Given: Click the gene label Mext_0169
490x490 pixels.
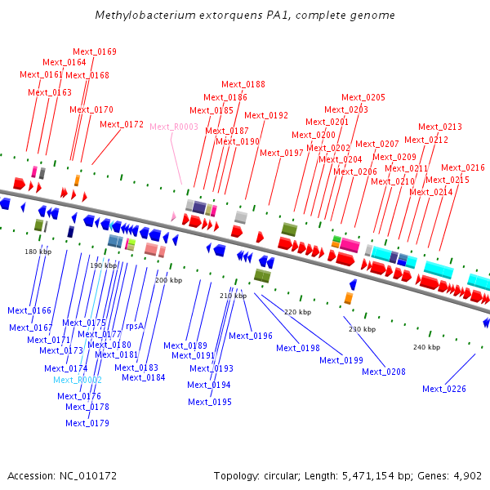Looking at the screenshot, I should click(x=95, y=51).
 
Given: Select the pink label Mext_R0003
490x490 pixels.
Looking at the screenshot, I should click(x=174, y=127).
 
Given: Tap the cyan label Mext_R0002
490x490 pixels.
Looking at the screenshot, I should click(x=78, y=380).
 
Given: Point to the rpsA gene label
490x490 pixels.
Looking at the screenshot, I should click(x=134, y=326).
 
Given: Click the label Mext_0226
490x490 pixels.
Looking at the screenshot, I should click(x=444, y=389).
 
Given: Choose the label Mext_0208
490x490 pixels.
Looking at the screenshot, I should click(x=384, y=372).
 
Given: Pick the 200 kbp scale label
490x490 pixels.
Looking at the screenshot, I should click(x=168, y=280).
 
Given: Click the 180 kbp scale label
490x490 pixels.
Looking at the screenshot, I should click(x=38, y=252).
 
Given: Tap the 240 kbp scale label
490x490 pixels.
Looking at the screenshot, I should click(x=426, y=347).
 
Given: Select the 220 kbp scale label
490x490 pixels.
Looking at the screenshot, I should click(x=297, y=312).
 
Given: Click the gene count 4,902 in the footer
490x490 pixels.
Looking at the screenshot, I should click(x=466, y=475).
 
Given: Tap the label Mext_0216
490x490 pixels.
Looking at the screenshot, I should click(x=463, y=167).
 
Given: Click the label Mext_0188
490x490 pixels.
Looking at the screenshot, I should click(x=243, y=84).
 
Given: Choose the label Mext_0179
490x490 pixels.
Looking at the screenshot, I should click(x=87, y=423).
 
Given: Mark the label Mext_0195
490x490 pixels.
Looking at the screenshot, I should click(x=210, y=402).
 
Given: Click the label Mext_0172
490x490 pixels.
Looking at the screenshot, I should click(x=122, y=125).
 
